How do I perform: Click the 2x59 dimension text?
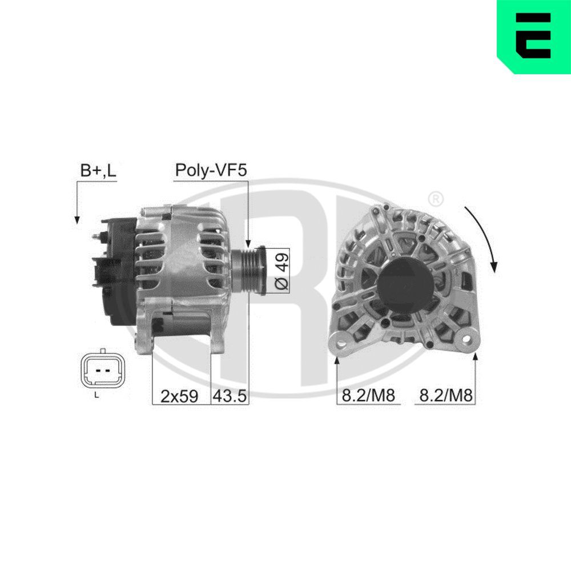click(x=179, y=396)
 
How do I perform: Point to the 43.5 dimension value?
click(x=230, y=396)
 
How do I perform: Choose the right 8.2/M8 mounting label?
click(x=446, y=396)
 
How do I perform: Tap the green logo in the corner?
click(x=533, y=37)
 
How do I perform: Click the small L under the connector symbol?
click(x=96, y=395)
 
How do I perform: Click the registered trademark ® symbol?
click(x=435, y=199)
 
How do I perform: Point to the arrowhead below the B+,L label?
click(x=76, y=219)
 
